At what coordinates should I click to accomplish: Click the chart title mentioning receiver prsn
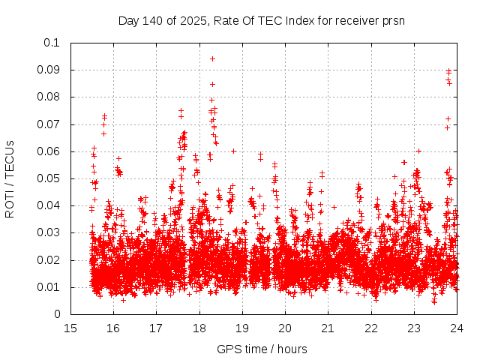click(262, 20)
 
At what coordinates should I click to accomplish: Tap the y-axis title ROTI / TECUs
click(10, 178)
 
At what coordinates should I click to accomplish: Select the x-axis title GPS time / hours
click(262, 349)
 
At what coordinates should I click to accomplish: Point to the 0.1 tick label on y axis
click(51, 43)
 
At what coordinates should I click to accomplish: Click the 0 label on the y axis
click(58, 315)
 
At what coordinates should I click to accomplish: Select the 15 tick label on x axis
click(70, 328)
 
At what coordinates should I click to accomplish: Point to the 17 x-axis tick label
click(156, 328)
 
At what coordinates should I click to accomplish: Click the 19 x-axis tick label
click(242, 328)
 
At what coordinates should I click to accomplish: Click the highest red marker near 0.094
click(212, 58)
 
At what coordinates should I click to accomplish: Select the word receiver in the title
click(352, 20)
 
